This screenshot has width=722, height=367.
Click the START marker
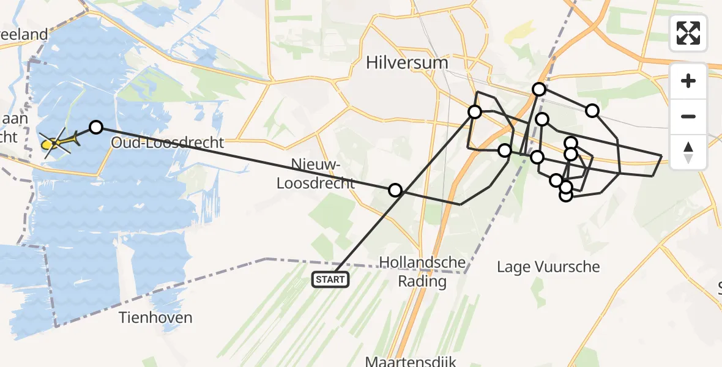[330, 280]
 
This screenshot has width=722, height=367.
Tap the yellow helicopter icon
[58, 143]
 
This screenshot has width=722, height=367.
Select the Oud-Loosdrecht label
[168, 143]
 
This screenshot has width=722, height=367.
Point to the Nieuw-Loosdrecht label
[316, 174]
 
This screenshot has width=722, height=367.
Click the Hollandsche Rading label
[423, 272]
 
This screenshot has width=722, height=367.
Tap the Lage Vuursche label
[548, 267]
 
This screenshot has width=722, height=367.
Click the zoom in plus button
[688, 81]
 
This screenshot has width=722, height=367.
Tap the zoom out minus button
[688, 116]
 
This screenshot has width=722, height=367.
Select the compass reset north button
[688, 152]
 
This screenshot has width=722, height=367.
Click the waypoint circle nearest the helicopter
[96, 127]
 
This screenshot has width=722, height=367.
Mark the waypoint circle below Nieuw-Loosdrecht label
[396, 190]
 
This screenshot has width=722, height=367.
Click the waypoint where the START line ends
[475, 111]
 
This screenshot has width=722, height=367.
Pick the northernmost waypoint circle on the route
[539, 89]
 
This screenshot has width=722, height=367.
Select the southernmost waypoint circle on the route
[566, 195]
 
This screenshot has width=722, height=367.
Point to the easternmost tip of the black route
[661, 156]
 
